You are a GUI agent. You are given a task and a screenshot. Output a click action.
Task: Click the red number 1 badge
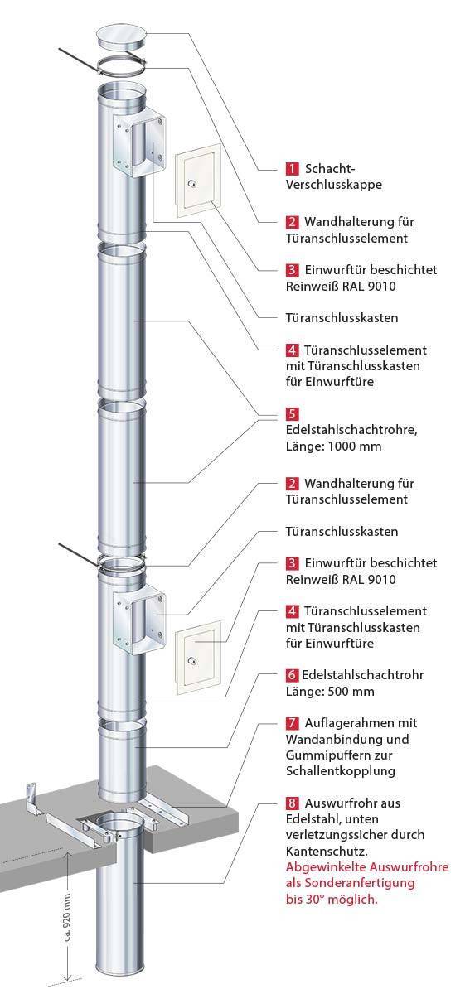pos(292,169)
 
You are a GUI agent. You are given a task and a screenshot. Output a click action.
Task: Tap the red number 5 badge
pos(292,414)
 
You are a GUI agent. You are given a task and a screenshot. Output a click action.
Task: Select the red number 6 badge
pos(292,675)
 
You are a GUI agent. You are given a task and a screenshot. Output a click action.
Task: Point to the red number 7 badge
pos(292,723)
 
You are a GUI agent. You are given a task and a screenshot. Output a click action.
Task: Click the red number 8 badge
pos(292,803)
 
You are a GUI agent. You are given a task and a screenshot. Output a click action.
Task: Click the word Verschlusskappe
pos(333,185)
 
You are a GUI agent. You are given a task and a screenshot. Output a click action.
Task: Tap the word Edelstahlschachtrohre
pos(351,430)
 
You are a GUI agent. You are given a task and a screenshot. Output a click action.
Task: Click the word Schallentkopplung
pos(341,771)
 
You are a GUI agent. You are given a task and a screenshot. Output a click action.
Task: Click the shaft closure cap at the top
pos(122,36)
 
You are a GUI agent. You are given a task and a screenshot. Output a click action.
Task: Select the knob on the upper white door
pos(192,183)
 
